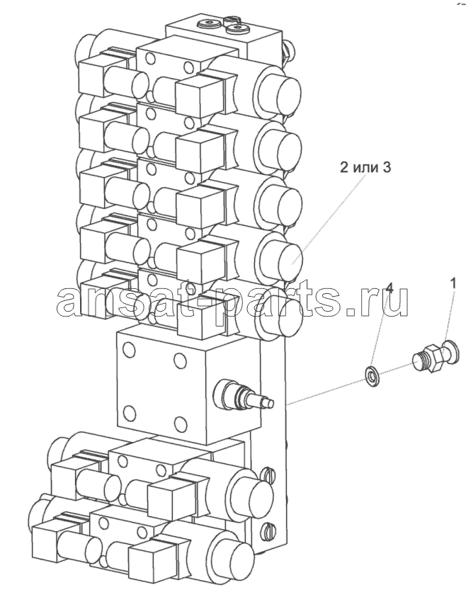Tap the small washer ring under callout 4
371,375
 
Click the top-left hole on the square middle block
127,348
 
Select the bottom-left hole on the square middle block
130,412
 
